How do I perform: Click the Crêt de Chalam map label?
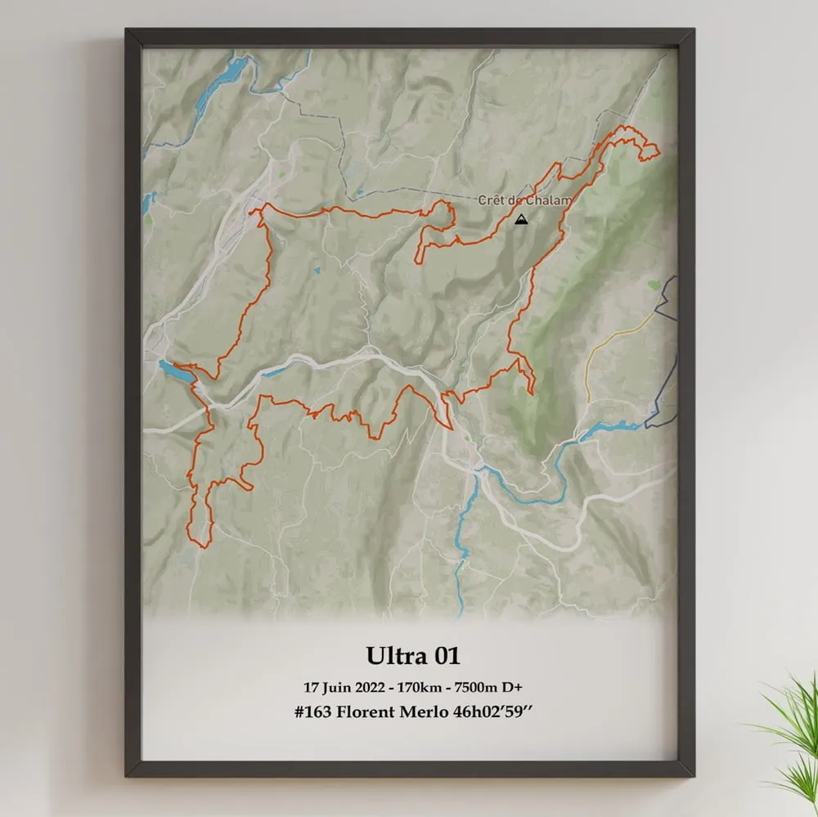[524, 200]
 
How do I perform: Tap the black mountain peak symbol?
[521, 218]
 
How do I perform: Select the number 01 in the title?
[445, 656]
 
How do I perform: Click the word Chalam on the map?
[551, 200]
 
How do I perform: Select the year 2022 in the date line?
[373, 686]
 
